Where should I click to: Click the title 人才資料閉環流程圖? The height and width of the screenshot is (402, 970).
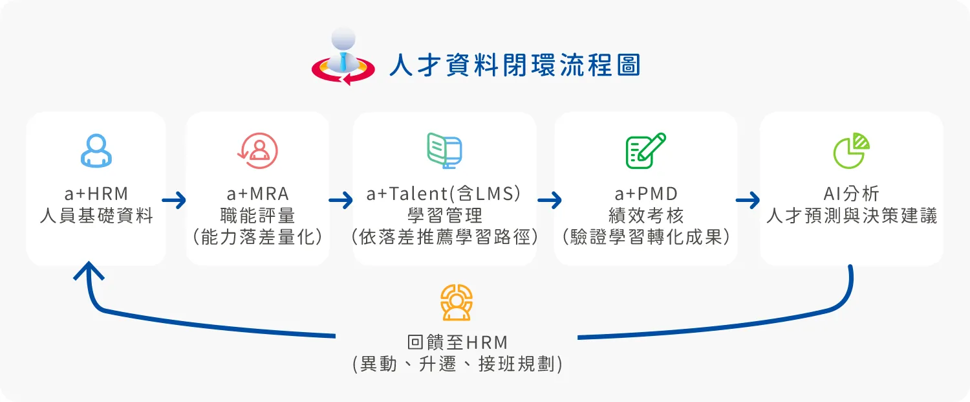click(x=514, y=66)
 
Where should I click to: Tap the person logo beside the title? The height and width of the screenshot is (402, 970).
click(x=343, y=58)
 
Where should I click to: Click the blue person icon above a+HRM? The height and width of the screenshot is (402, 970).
click(x=96, y=151)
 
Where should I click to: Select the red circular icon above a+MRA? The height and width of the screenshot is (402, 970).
click(x=257, y=151)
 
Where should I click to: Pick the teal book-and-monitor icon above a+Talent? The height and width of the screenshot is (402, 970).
click(x=444, y=151)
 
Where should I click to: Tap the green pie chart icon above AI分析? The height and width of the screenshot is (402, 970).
click(x=851, y=151)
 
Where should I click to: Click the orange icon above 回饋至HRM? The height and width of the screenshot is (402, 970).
click(x=457, y=302)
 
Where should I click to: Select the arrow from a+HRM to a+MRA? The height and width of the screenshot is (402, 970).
click(x=175, y=201)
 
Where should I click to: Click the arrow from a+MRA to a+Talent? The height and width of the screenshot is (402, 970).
click(x=341, y=201)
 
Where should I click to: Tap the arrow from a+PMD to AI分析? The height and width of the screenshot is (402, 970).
click(x=748, y=201)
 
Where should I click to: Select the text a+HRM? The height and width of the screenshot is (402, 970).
click(x=96, y=194)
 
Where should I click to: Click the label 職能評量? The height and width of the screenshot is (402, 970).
click(x=257, y=215)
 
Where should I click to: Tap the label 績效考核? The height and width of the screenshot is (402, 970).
click(x=645, y=215)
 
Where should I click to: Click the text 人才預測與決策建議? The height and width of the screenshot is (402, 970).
click(x=851, y=216)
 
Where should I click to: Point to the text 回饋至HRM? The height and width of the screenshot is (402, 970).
click(x=457, y=342)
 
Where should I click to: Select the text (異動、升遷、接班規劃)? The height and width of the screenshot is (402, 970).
click(x=457, y=364)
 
